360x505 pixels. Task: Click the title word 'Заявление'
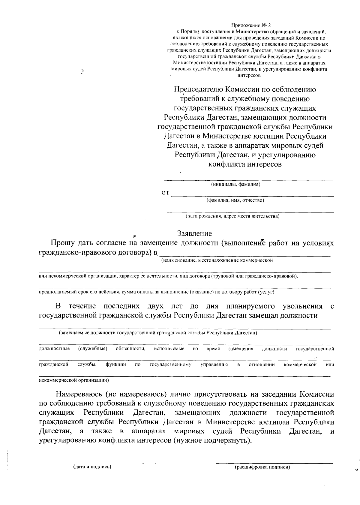click(x=194, y=233)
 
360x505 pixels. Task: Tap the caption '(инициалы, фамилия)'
click(x=235, y=184)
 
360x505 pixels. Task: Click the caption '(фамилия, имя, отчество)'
click(x=235, y=200)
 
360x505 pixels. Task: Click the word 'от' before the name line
click(x=165, y=193)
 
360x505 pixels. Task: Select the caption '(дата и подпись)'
click(x=92, y=467)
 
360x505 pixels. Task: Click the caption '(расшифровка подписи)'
click(x=262, y=467)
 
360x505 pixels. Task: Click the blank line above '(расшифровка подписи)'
click(x=274, y=462)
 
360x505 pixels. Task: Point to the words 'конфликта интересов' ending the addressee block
click(x=245, y=164)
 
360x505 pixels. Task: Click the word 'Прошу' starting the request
click(x=62, y=243)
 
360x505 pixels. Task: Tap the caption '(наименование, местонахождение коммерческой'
click(x=217, y=260)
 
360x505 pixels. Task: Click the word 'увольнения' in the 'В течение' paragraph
click(x=302, y=306)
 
